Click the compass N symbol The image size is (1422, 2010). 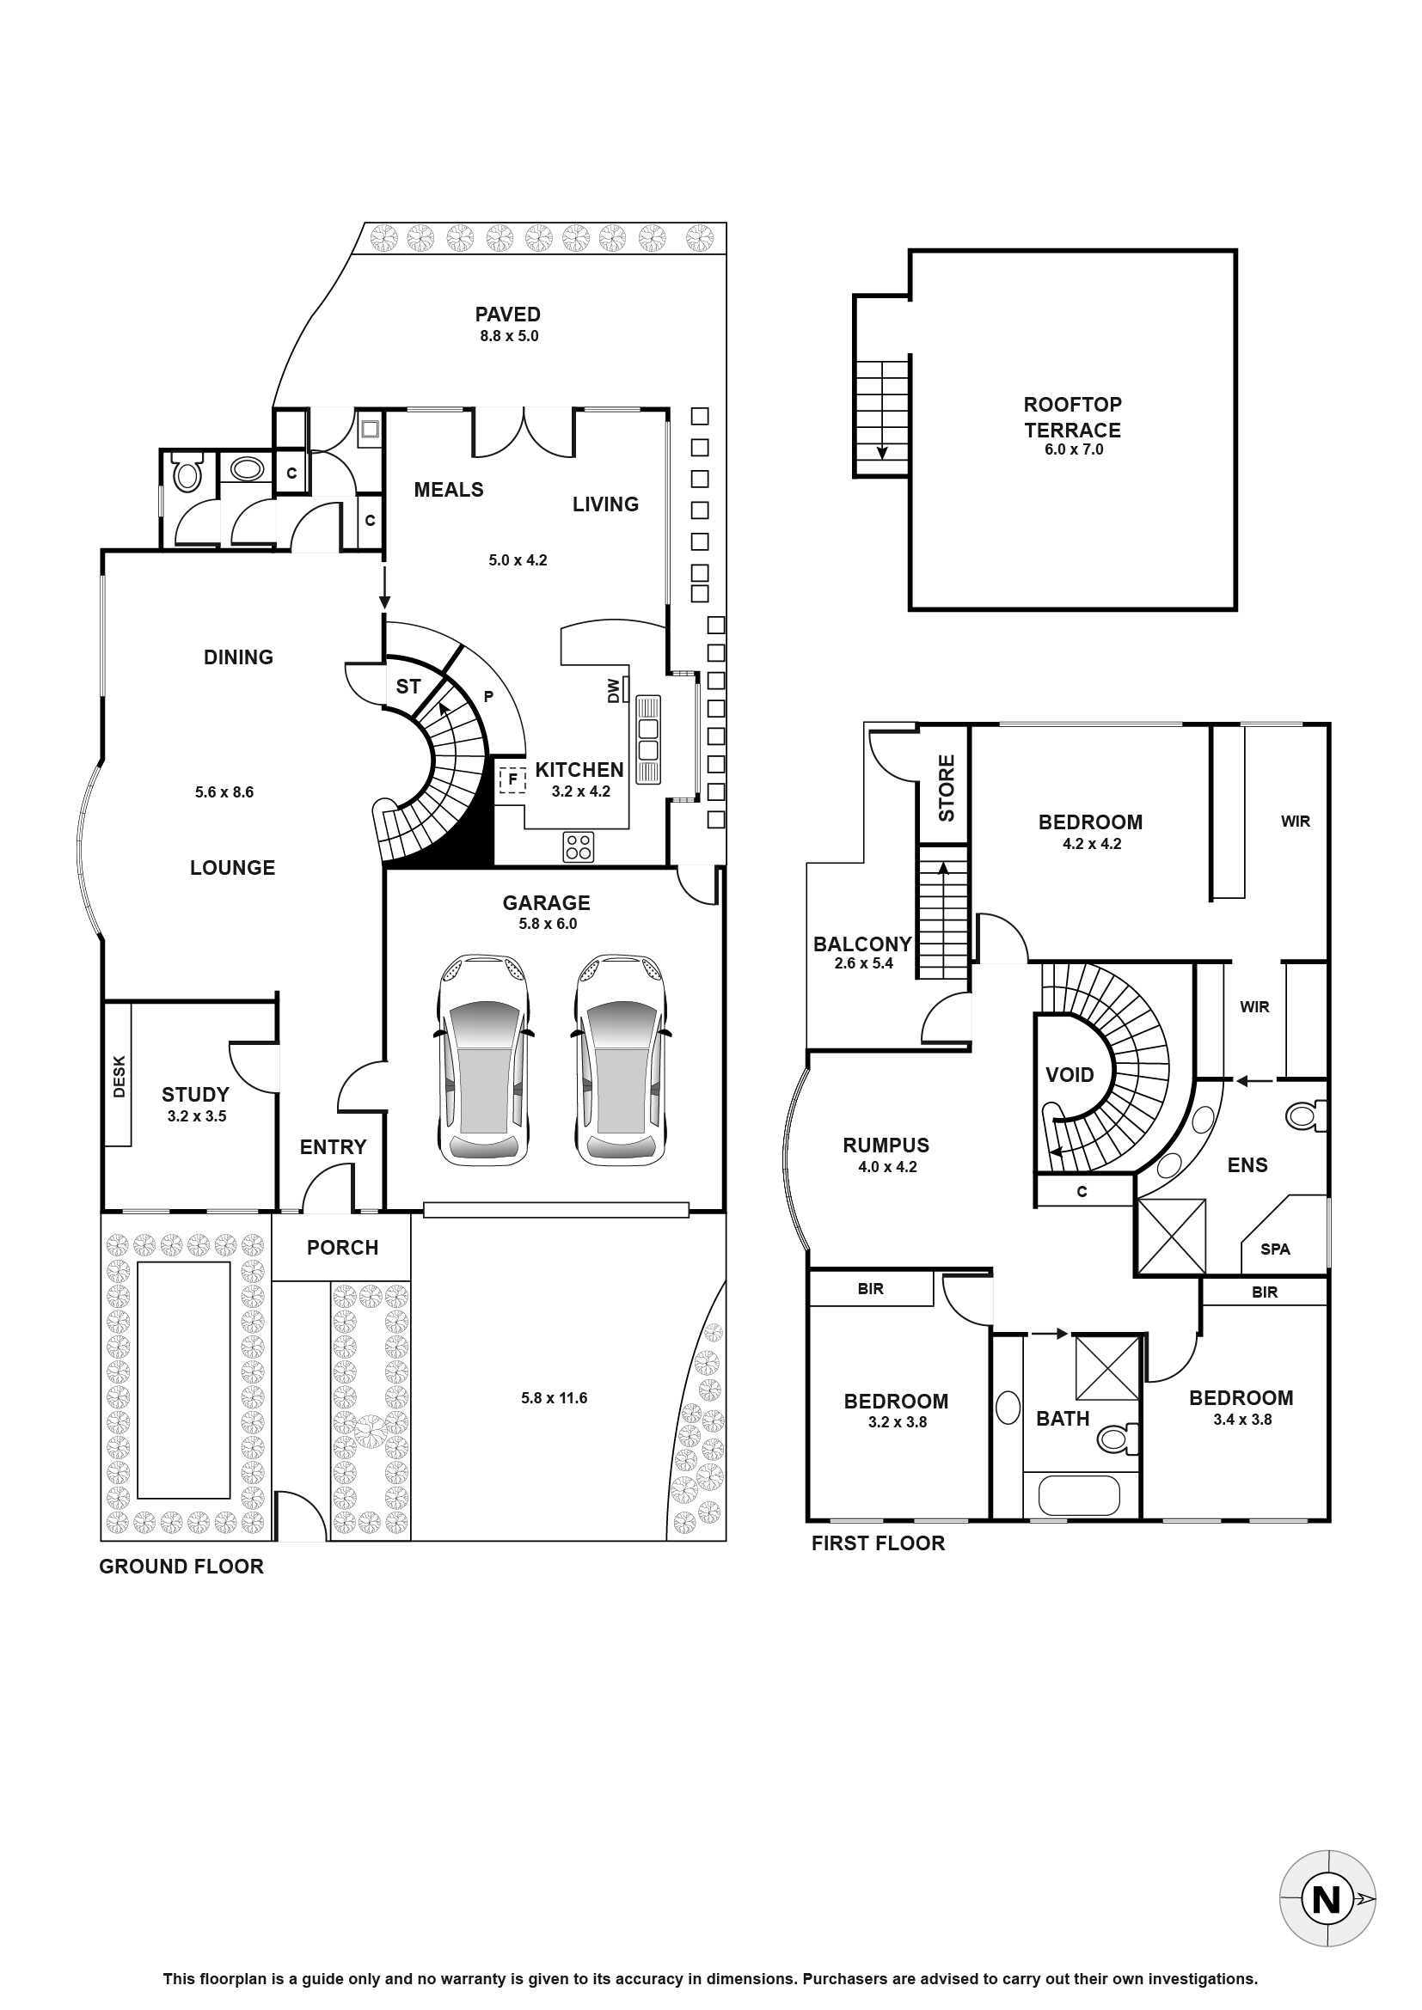(x=1327, y=1899)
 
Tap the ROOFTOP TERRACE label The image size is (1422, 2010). (x=1073, y=418)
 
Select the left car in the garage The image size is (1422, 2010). (x=483, y=1060)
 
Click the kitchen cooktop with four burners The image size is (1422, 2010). (x=578, y=846)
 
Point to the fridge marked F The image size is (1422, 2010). (x=512, y=779)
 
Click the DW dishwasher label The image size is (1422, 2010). (x=613, y=691)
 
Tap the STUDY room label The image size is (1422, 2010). (x=195, y=1094)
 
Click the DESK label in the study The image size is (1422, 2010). (x=120, y=1076)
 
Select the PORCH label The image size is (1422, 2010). (x=342, y=1248)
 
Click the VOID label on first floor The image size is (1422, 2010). (x=1070, y=1074)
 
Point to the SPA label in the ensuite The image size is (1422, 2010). (x=1275, y=1249)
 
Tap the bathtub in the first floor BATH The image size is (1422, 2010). (x=1079, y=1496)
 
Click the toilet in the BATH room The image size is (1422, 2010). (x=1119, y=1438)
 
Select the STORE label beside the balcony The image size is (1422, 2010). (x=947, y=788)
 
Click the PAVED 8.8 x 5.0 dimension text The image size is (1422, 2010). (x=509, y=336)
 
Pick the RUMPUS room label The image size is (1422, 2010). (x=886, y=1145)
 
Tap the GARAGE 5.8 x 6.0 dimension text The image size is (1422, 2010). (x=548, y=924)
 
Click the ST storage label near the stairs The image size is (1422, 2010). (x=408, y=687)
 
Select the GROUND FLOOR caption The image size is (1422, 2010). (x=181, y=1567)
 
